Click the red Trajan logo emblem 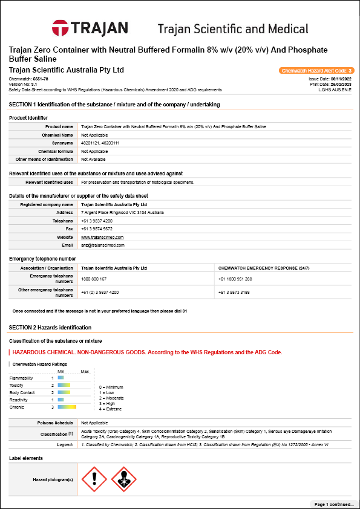click(61, 28)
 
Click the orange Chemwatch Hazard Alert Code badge click(316, 71)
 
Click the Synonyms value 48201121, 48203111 click(100, 143)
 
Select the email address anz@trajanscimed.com click(103, 245)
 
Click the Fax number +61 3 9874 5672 click(97, 229)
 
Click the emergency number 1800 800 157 click(93, 279)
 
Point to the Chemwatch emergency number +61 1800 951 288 click(235, 279)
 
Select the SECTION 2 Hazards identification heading click(50, 327)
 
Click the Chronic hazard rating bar click(67, 407)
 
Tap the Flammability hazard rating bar click(61, 378)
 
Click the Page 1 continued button click(333, 504)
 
